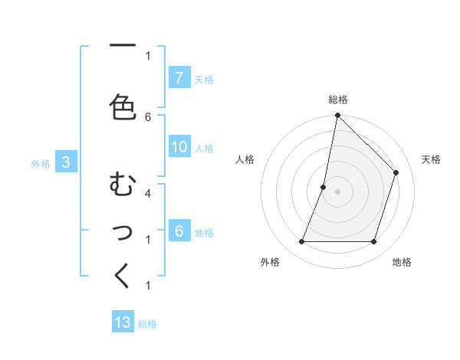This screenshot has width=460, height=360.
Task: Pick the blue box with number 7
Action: click(x=179, y=78)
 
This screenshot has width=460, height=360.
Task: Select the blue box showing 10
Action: click(x=179, y=148)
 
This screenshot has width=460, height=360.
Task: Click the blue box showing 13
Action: click(x=123, y=322)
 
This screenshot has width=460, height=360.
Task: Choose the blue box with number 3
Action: click(x=66, y=162)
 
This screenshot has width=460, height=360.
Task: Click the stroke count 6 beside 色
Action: click(x=148, y=116)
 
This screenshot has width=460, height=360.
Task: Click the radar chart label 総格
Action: click(x=337, y=100)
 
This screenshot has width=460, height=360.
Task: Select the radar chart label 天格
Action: click(x=431, y=159)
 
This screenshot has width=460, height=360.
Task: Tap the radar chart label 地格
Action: click(x=402, y=262)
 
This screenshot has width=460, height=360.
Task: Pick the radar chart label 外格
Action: click(x=270, y=262)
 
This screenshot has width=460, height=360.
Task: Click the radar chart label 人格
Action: click(x=245, y=159)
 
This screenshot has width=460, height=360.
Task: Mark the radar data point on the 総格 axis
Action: click(x=337, y=116)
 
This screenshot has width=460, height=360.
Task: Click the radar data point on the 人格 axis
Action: click(x=324, y=187)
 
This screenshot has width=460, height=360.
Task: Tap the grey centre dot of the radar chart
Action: click(x=337, y=191)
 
